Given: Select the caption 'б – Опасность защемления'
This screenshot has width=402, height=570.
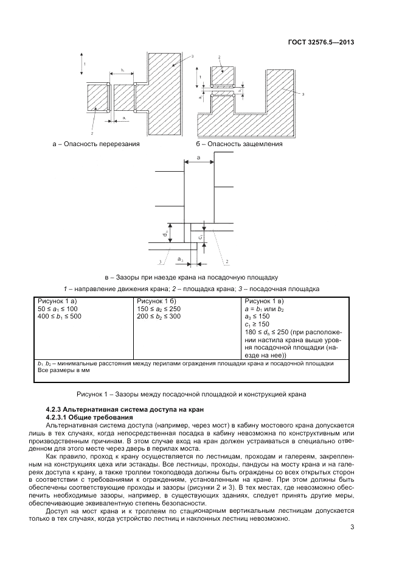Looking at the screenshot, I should (x=239, y=144).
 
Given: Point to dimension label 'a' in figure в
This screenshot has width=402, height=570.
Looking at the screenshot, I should (x=199, y=158).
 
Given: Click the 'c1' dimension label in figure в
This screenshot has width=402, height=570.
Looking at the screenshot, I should (x=200, y=235).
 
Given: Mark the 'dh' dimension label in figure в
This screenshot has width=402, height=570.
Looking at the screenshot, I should (x=164, y=233).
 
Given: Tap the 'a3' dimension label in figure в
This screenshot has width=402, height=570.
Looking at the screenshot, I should (x=181, y=259).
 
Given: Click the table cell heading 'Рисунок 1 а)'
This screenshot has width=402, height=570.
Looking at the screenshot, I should (x=59, y=301).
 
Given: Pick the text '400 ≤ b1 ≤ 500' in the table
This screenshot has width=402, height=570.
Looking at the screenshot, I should (x=60, y=317).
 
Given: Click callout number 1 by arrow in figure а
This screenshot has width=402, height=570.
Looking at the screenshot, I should (x=85, y=64).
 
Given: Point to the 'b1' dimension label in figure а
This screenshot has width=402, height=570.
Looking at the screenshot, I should (x=123, y=71).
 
